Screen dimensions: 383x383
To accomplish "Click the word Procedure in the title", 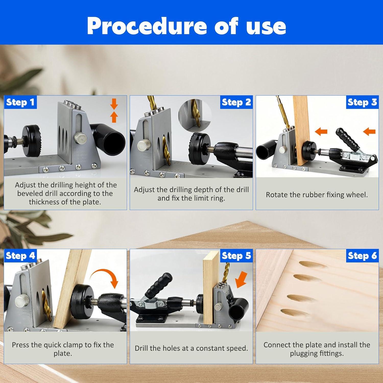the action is click(x=147, y=26).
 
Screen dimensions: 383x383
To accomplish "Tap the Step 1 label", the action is click(x=20, y=102).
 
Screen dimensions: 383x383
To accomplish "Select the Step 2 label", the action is click(x=236, y=102).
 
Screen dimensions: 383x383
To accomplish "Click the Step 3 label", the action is click(x=362, y=102).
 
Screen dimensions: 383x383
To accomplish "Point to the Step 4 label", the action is click(x=20, y=256).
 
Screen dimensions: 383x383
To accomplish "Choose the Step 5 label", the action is click(x=236, y=256).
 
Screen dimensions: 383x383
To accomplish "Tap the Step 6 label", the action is click(x=362, y=256).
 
